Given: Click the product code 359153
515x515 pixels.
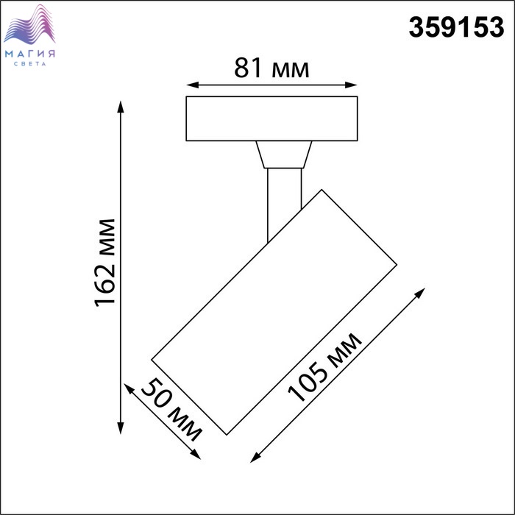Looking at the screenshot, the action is tap(456, 27).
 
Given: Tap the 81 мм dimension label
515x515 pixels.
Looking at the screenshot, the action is tap(271, 68).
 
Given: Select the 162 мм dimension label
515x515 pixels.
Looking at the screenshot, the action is tap(105, 263).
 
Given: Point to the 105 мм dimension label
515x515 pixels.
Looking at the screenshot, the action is tap(325, 367).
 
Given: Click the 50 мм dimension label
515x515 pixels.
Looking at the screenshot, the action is tap(171, 410).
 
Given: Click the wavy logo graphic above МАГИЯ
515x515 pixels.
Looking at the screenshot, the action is tap(29, 24).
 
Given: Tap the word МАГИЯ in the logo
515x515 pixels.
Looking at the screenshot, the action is tap(30, 54).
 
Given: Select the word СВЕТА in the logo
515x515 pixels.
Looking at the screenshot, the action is tap(30, 64).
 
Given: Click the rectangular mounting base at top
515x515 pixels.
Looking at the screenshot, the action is tap(271, 118).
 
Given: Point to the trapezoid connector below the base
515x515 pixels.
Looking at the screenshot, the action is tap(284, 154).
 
